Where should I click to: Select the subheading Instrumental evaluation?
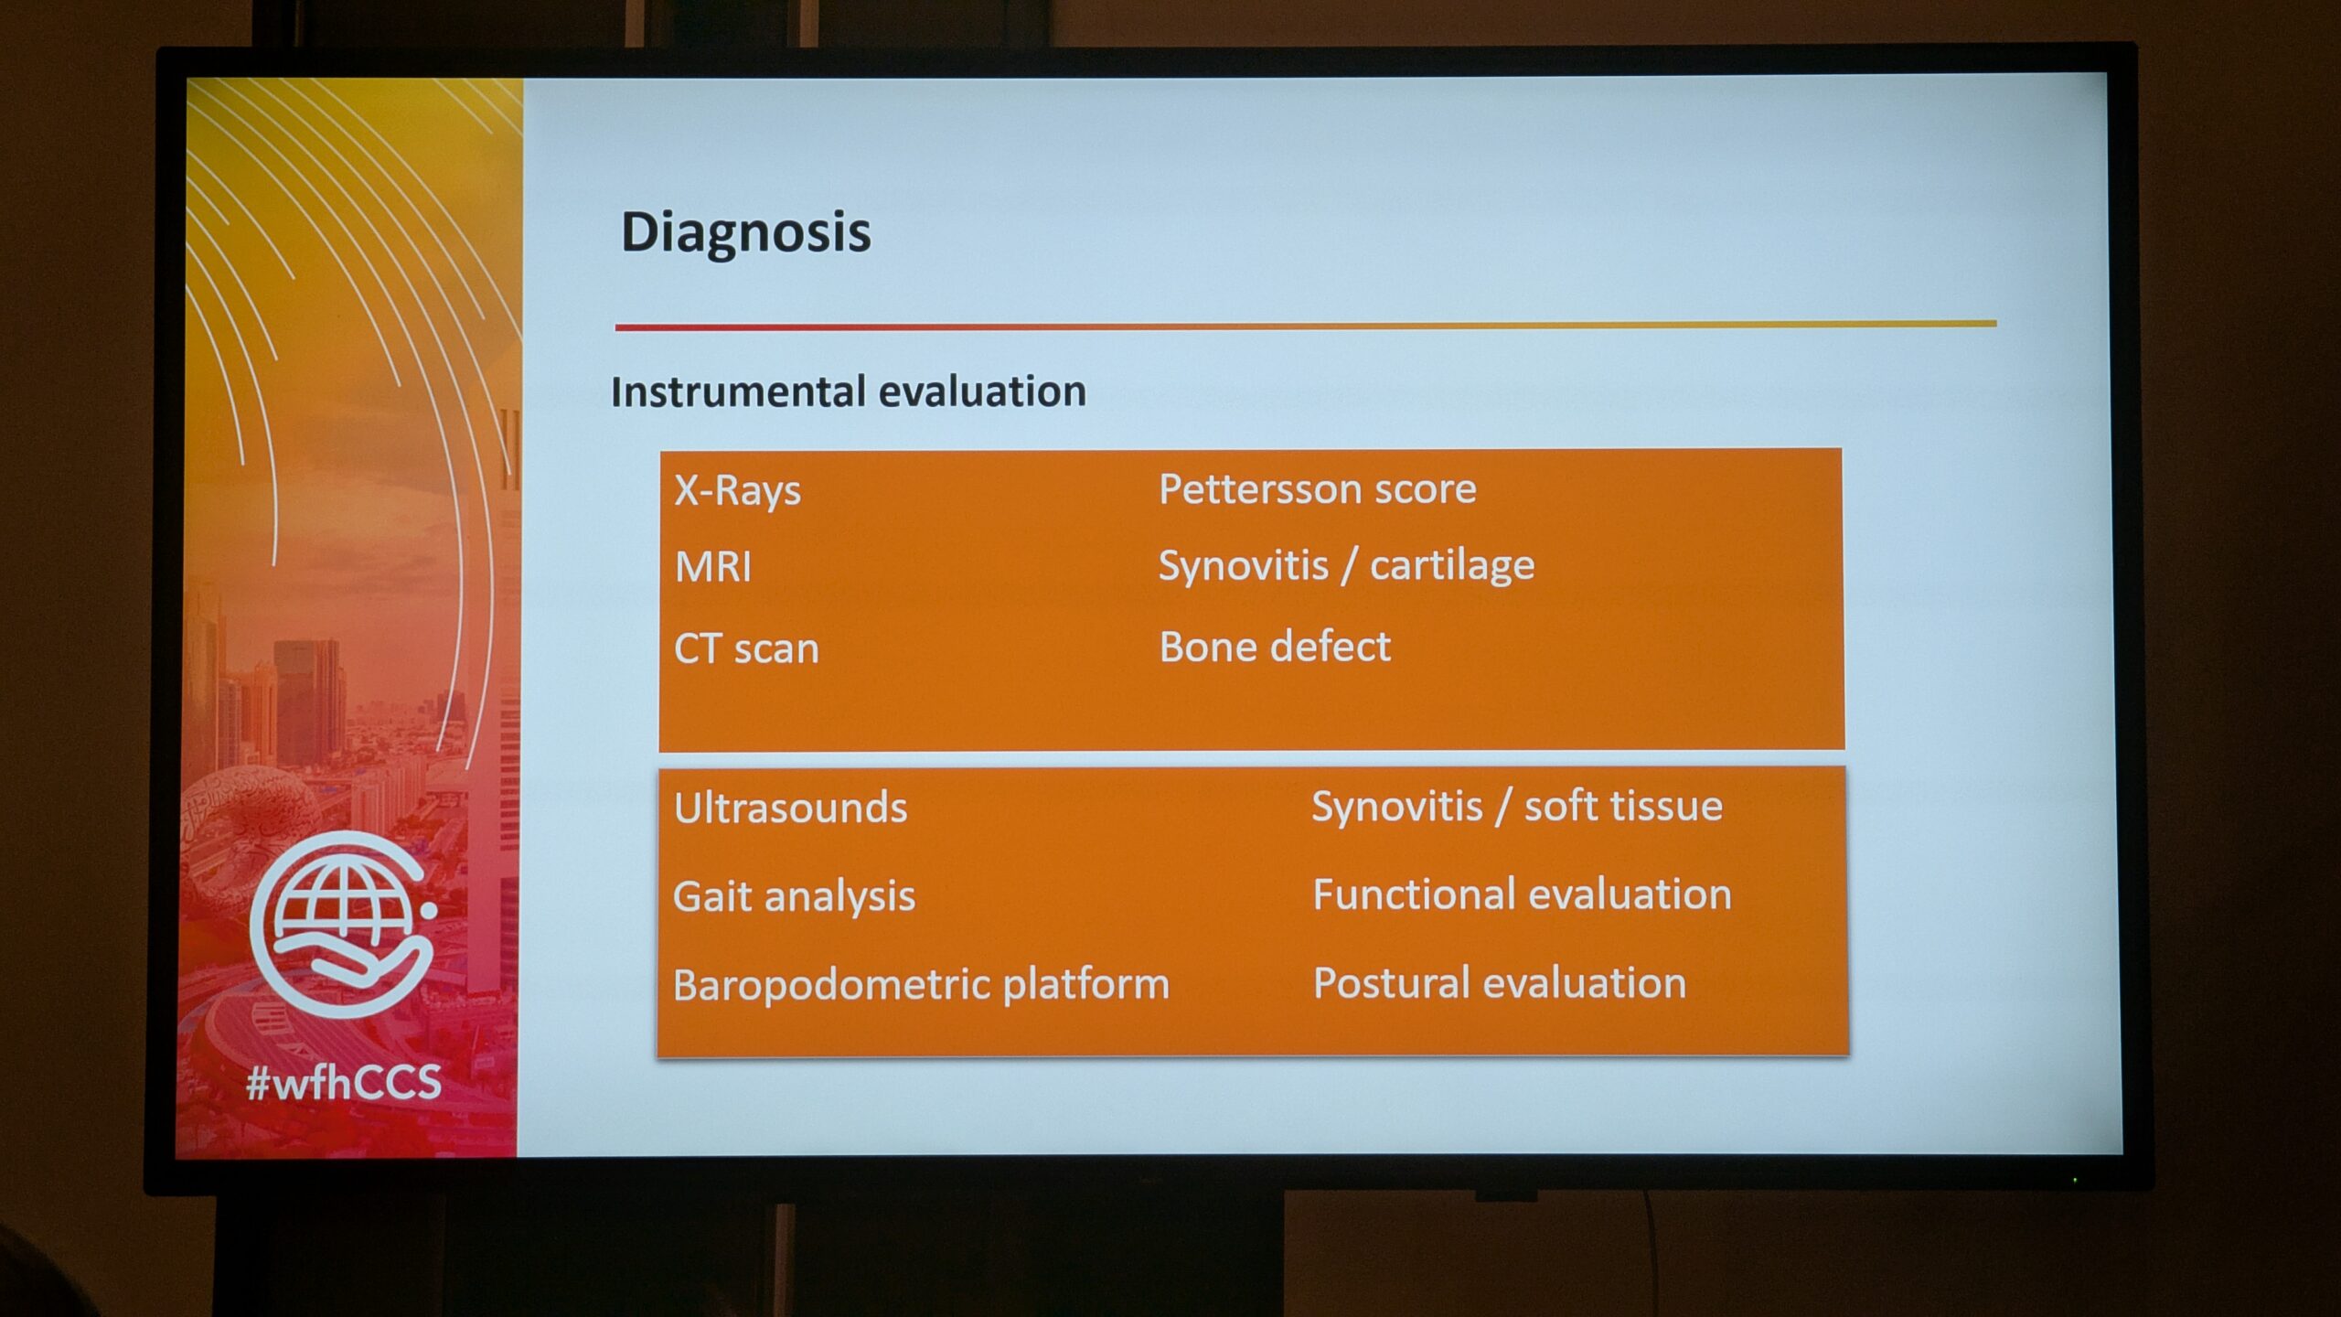(x=849, y=391)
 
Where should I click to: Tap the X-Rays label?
(x=737, y=491)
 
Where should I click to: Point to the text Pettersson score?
(x=1318, y=489)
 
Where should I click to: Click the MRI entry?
(x=713, y=567)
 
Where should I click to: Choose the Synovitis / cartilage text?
(x=1346, y=566)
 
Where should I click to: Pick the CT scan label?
(x=746, y=648)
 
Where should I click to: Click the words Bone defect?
(x=1275, y=647)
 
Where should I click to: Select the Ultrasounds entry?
(x=791, y=808)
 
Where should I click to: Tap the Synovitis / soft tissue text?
(x=1517, y=806)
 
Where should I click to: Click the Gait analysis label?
(x=794, y=896)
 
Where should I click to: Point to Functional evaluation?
(x=1523, y=894)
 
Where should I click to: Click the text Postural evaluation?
(x=1500, y=983)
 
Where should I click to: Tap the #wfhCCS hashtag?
(x=344, y=1083)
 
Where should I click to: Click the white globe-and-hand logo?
(x=343, y=924)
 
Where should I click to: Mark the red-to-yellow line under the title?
(x=1306, y=325)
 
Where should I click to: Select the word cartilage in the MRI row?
(x=1452, y=566)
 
